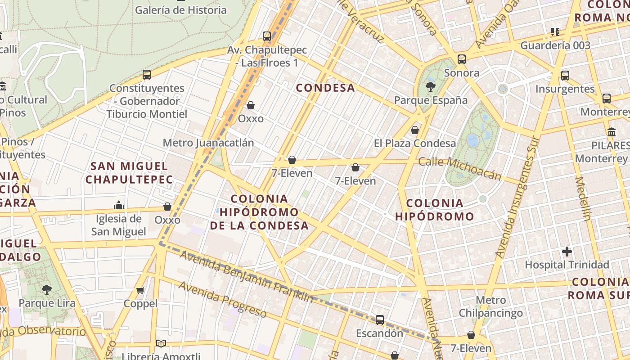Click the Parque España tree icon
click(431, 86)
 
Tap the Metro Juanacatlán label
click(208, 143)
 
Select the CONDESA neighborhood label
click(325, 88)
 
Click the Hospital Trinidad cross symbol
click(567, 251)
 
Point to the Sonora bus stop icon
click(461, 59)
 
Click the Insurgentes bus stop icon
click(565, 76)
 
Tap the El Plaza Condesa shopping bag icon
click(414, 130)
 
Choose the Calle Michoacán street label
click(459, 168)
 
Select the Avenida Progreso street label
click(222, 298)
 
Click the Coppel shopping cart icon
click(140, 290)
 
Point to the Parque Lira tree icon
click(46, 289)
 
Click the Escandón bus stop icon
click(380, 320)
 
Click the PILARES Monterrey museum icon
click(612, 132)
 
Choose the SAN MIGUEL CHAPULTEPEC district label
click(129, 173)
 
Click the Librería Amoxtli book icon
click(161, 343)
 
